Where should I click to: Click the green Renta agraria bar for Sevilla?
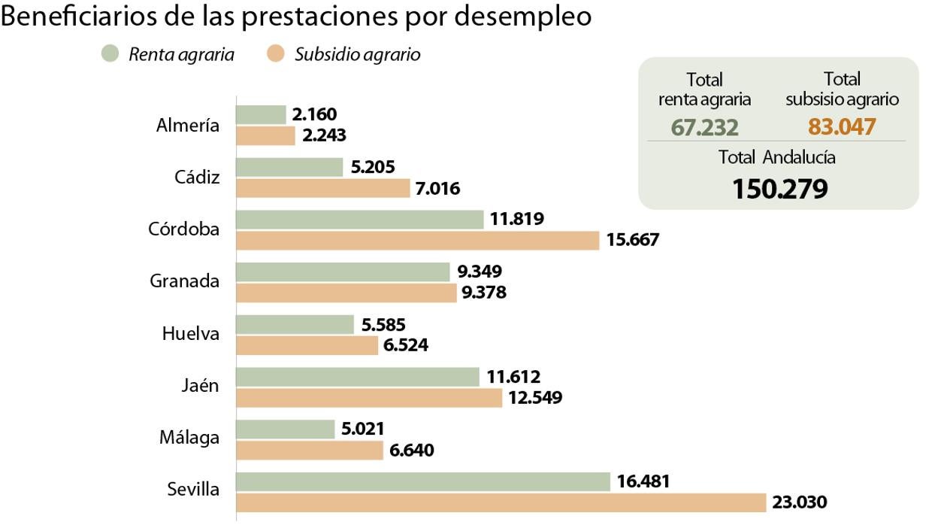(423, 481)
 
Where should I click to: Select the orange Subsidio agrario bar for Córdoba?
(418, 240)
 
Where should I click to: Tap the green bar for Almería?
(262, 114)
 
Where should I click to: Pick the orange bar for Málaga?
(310, 450)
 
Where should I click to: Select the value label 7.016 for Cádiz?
(439, 187)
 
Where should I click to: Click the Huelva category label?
(191, 333)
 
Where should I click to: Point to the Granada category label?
(185, 281)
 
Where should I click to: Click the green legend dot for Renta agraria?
(110, 54)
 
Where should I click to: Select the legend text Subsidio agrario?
(357, 54)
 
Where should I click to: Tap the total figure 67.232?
(704, 126)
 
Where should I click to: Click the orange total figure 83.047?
(842, 126)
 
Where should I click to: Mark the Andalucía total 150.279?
(779, 189)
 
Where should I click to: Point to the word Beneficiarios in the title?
(79, 17)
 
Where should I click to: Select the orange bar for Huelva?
(307, 345)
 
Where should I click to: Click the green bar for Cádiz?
(289, 167)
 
